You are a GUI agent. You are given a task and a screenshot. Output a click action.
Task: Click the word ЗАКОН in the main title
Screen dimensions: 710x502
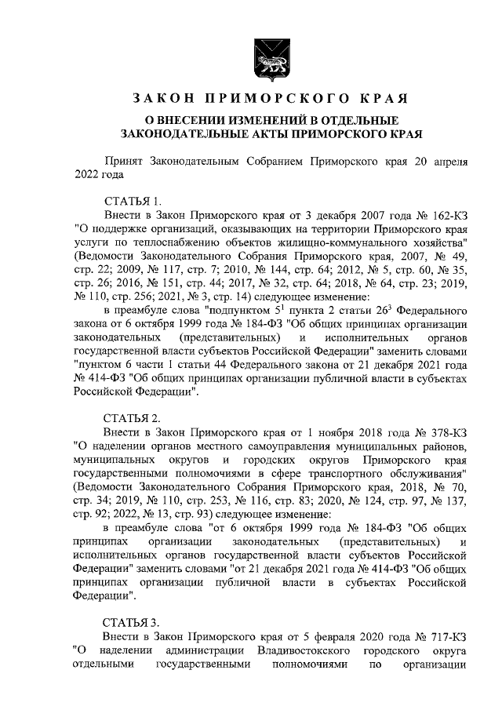160,99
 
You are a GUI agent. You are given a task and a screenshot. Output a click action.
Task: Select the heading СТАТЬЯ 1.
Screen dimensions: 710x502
132,201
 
